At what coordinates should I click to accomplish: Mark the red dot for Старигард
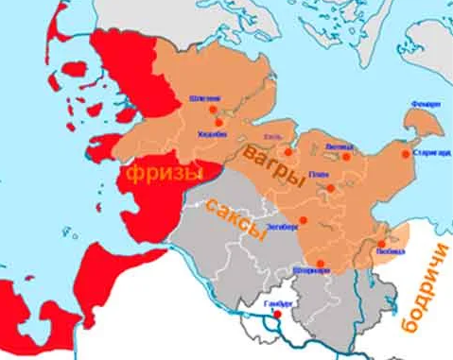coord(405,153)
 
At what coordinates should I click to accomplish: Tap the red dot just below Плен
coord(330,187)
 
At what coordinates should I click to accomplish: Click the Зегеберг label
coord(285,228)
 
